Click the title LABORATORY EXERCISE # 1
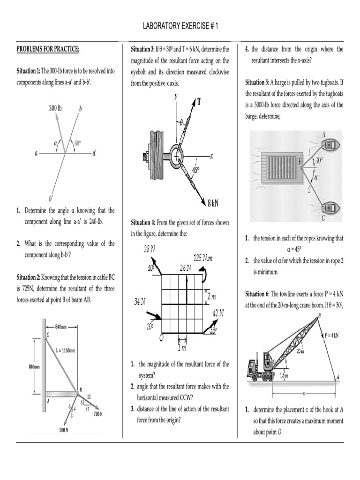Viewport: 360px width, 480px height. point(180,26)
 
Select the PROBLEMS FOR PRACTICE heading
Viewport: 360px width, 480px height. point(48,49)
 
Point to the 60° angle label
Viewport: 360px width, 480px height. point(78,143)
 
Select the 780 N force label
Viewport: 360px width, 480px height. point(97,414)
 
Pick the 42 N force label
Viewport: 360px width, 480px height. point(218,312)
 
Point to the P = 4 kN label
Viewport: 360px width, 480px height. point(333,335)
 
